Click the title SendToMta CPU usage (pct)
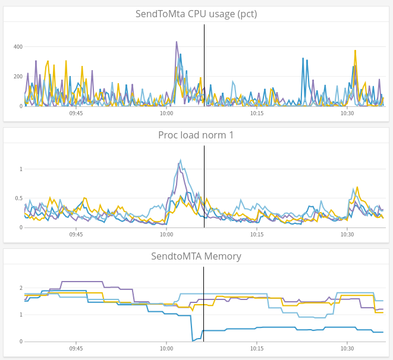click(x=196, y=14)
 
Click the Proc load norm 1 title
click(x=196, y=135)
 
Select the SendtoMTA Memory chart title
click(x=196, y=257)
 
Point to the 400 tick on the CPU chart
click(x=18, y=47)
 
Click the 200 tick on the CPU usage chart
click(x=18, y=77)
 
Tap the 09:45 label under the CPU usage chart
click(x=76, y=113)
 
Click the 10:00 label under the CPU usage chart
click(x=166, y=113)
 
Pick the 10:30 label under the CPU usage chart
click(x=347, y=113)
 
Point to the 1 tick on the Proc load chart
click(x=20, y=169)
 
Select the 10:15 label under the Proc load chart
click(x=257, y=235)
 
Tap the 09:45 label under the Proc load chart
click(x=76, y=235)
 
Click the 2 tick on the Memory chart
click(x=20, y=288)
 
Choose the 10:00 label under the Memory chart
click(x=166, y=349)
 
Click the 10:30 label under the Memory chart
click(x=347, y=349)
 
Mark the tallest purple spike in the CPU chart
click(x=177, y=42)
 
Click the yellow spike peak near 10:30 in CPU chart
click(x=355, y=51)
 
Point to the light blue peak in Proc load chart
click(x=181, y=160)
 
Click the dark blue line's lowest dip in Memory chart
click(x=193, y=340)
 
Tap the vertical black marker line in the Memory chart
click(x=203, y=303)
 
